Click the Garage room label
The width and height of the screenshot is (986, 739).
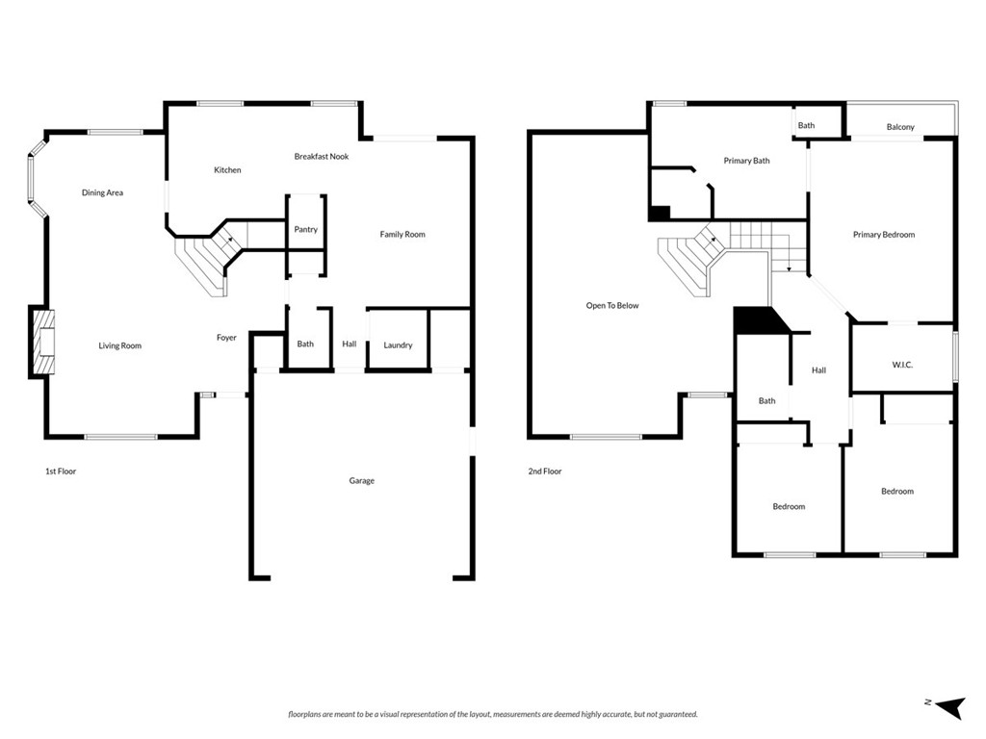point(361,481)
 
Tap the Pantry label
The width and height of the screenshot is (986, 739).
point(305,230)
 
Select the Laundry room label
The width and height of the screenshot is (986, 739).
point(398,345)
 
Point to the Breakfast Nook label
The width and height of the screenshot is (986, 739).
point(322,156)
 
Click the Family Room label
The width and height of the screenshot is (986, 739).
point(402,235)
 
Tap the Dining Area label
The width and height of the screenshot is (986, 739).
point(102,193)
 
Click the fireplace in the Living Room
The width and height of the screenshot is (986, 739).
point(42,342)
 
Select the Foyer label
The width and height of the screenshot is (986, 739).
point(226,338)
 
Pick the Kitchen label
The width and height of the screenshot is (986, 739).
point(227,170)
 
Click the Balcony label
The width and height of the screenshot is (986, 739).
point(900,127)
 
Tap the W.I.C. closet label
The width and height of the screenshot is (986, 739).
point(902,365)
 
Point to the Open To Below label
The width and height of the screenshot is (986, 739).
point(612,306)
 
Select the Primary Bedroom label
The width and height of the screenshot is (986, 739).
point(883,235)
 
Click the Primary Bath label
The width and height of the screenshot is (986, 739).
point(746,161)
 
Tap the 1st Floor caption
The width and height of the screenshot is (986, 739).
point(61,471)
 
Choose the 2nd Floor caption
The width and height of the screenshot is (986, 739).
point(544,471)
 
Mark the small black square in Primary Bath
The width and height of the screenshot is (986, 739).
point(660,213)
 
